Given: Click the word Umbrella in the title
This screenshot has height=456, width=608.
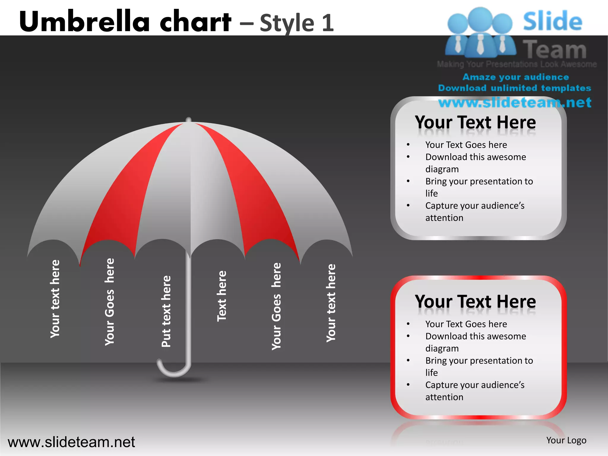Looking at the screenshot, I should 85,21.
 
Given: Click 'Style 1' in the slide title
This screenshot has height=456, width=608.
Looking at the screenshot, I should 297,23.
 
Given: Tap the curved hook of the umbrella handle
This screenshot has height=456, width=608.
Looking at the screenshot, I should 174,370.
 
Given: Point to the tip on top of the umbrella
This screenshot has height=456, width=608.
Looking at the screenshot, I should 189,120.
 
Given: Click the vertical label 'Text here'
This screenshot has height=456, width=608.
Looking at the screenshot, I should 222,296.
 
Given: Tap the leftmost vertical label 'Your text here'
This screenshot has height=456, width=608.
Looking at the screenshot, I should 55,299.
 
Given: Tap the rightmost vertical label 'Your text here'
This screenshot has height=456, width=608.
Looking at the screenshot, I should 331,303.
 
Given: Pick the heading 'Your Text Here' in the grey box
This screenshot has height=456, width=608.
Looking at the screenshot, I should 475,122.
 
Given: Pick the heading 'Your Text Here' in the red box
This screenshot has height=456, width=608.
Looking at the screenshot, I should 475,302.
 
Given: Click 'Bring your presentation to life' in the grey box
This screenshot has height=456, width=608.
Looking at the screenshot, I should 479,187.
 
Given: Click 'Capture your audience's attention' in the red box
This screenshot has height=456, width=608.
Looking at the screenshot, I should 474,391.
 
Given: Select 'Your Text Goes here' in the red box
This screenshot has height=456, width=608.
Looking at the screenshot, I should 466,324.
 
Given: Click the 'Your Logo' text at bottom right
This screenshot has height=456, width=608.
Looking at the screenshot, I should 566,440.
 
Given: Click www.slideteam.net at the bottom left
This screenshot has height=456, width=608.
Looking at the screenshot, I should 71,442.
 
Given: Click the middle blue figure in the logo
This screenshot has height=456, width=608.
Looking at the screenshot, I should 480,33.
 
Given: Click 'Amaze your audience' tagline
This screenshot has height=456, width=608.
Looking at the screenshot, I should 515,77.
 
